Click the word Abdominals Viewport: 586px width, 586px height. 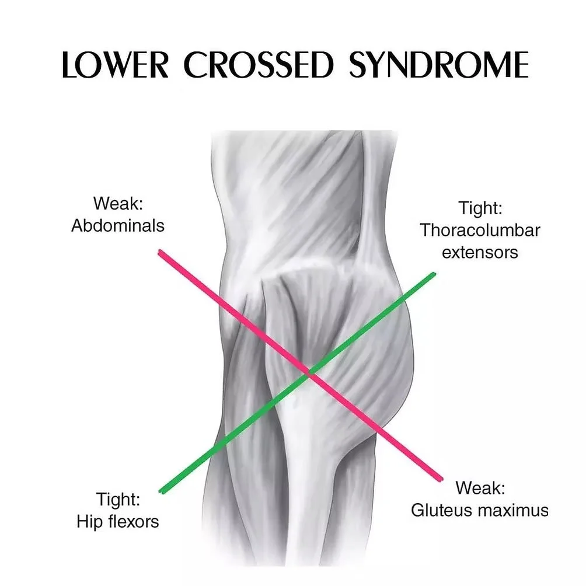coord(118,225)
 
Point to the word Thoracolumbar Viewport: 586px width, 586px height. coord(480,230)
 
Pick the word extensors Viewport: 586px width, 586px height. coord(480,252)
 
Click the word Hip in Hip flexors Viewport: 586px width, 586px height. coord(88,521)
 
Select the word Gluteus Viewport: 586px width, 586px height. coord(442,510)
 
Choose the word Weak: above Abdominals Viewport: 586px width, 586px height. coord(118,204)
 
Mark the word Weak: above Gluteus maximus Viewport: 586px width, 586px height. coord(480,487)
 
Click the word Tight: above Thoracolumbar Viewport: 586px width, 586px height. coord(480,208)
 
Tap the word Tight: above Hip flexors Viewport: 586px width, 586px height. coord(118,500)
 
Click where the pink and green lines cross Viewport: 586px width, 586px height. coord(311,374)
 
